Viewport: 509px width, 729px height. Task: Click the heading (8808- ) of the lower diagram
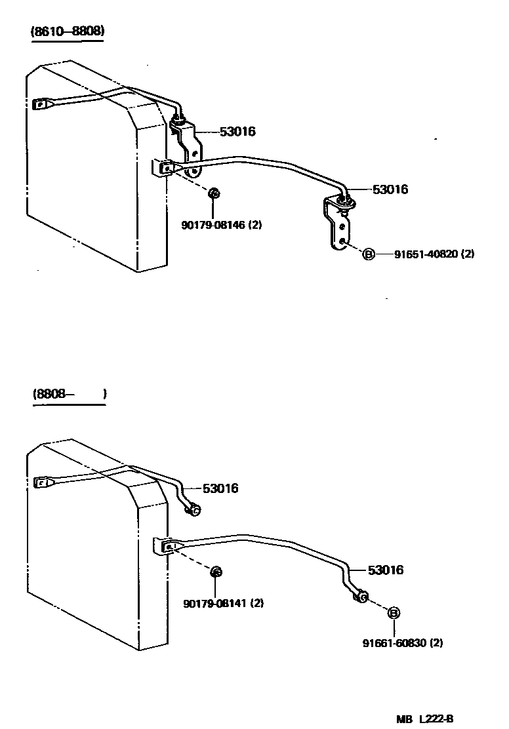[68, 394]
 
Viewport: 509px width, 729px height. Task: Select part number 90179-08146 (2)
[222, 225]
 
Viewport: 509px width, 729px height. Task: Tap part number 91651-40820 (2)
[434, 254]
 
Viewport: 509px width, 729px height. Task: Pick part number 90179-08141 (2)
[222, 603]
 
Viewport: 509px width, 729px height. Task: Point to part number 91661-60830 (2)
[402, 643]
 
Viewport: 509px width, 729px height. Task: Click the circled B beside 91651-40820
[369, 254]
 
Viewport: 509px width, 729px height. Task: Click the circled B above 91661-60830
[394, 613]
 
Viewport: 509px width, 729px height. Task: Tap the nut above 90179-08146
[213, 193]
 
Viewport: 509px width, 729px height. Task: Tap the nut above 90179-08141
[216, 572]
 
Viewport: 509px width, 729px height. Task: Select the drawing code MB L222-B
[424, 719]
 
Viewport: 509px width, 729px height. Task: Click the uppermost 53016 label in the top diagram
[237, 132]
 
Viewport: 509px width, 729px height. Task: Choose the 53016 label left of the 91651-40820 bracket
[390, 189]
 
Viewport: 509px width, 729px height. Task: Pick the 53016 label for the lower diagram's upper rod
[220, 488]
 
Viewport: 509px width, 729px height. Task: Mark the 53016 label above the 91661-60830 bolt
[385, 570]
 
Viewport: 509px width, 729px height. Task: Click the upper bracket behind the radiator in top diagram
[188, 148]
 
